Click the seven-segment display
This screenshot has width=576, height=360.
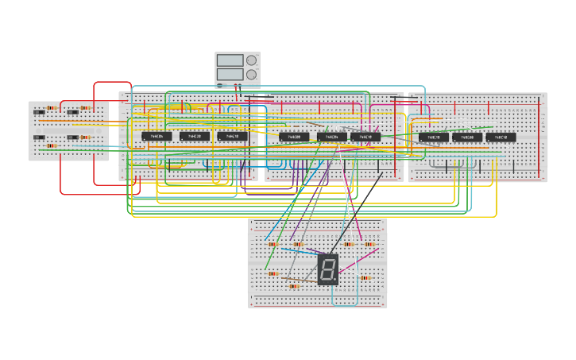(x=327, y=269)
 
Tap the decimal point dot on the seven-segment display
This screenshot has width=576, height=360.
(x=335, y=281)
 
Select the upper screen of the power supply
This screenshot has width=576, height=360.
(x=230, y=60)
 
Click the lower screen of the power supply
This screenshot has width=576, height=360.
(x=230, y=75)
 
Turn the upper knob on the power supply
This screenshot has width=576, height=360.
(x=251, y=60)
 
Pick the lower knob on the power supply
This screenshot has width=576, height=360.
(x=251, y=75)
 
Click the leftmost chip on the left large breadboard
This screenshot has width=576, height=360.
(x=157, y=137)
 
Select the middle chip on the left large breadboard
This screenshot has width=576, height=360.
(x=195, y=137)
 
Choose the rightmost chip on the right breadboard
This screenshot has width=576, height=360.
(x=501, y=137)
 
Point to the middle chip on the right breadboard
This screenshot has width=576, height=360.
(x=467, y=137)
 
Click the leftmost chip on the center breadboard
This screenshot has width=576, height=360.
(x=294, y=137)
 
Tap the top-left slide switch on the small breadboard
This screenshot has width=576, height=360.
(x=39, y=113)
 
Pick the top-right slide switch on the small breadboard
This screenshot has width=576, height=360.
(x=72, y=113)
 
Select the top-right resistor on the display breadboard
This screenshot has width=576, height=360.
(x=369, y=244)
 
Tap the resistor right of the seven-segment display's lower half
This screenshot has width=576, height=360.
(x=366, y=278)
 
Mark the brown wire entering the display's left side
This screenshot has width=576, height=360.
(x=306, y=280)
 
